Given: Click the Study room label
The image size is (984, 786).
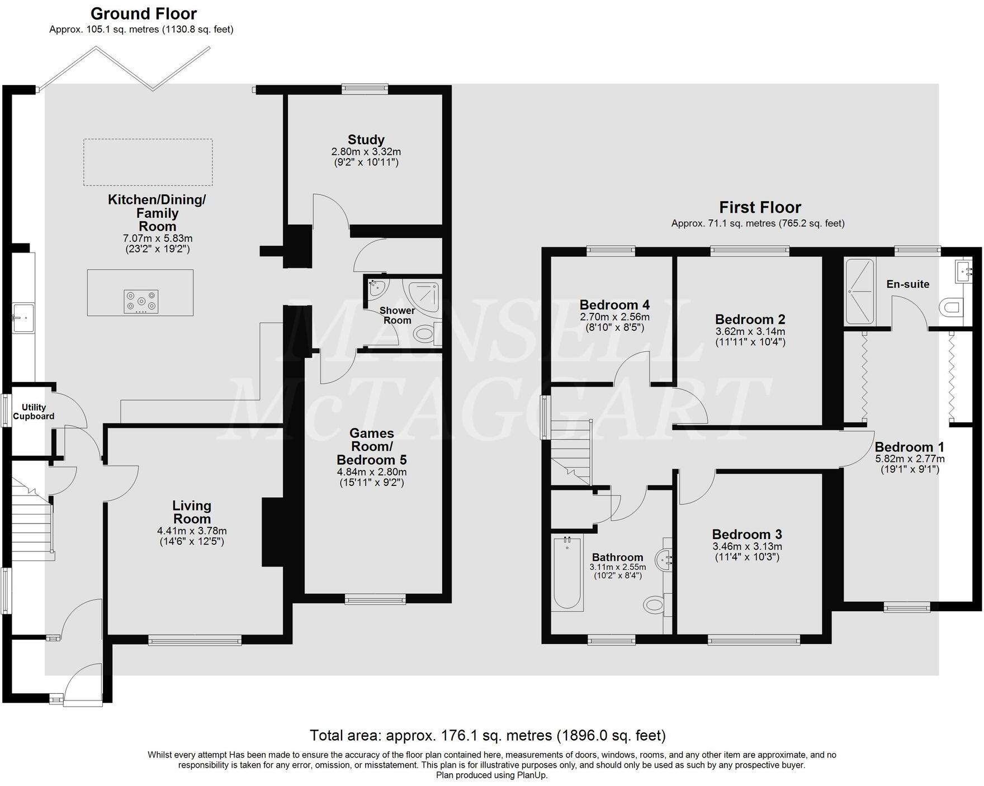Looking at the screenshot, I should coord(366,140).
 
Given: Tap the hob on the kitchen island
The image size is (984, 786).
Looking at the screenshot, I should coord(141,301).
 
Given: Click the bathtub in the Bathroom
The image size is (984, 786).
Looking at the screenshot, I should coord(567,572).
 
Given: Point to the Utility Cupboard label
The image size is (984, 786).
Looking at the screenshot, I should coord(34,412).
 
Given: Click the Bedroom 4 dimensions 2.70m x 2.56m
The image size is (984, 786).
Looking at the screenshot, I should coord(614,317).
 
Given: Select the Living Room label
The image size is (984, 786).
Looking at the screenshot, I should coord(191,512).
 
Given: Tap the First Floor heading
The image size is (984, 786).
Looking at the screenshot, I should coord(760,207).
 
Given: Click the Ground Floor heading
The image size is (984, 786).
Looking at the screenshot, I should coord(144,13).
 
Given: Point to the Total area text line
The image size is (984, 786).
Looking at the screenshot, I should coord(488,735).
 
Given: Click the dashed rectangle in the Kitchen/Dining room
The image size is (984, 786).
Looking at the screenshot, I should coord(148,162).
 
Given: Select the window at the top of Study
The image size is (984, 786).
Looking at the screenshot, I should coord(365,87).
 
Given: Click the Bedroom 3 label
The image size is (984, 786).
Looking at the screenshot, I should coord(747,534).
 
